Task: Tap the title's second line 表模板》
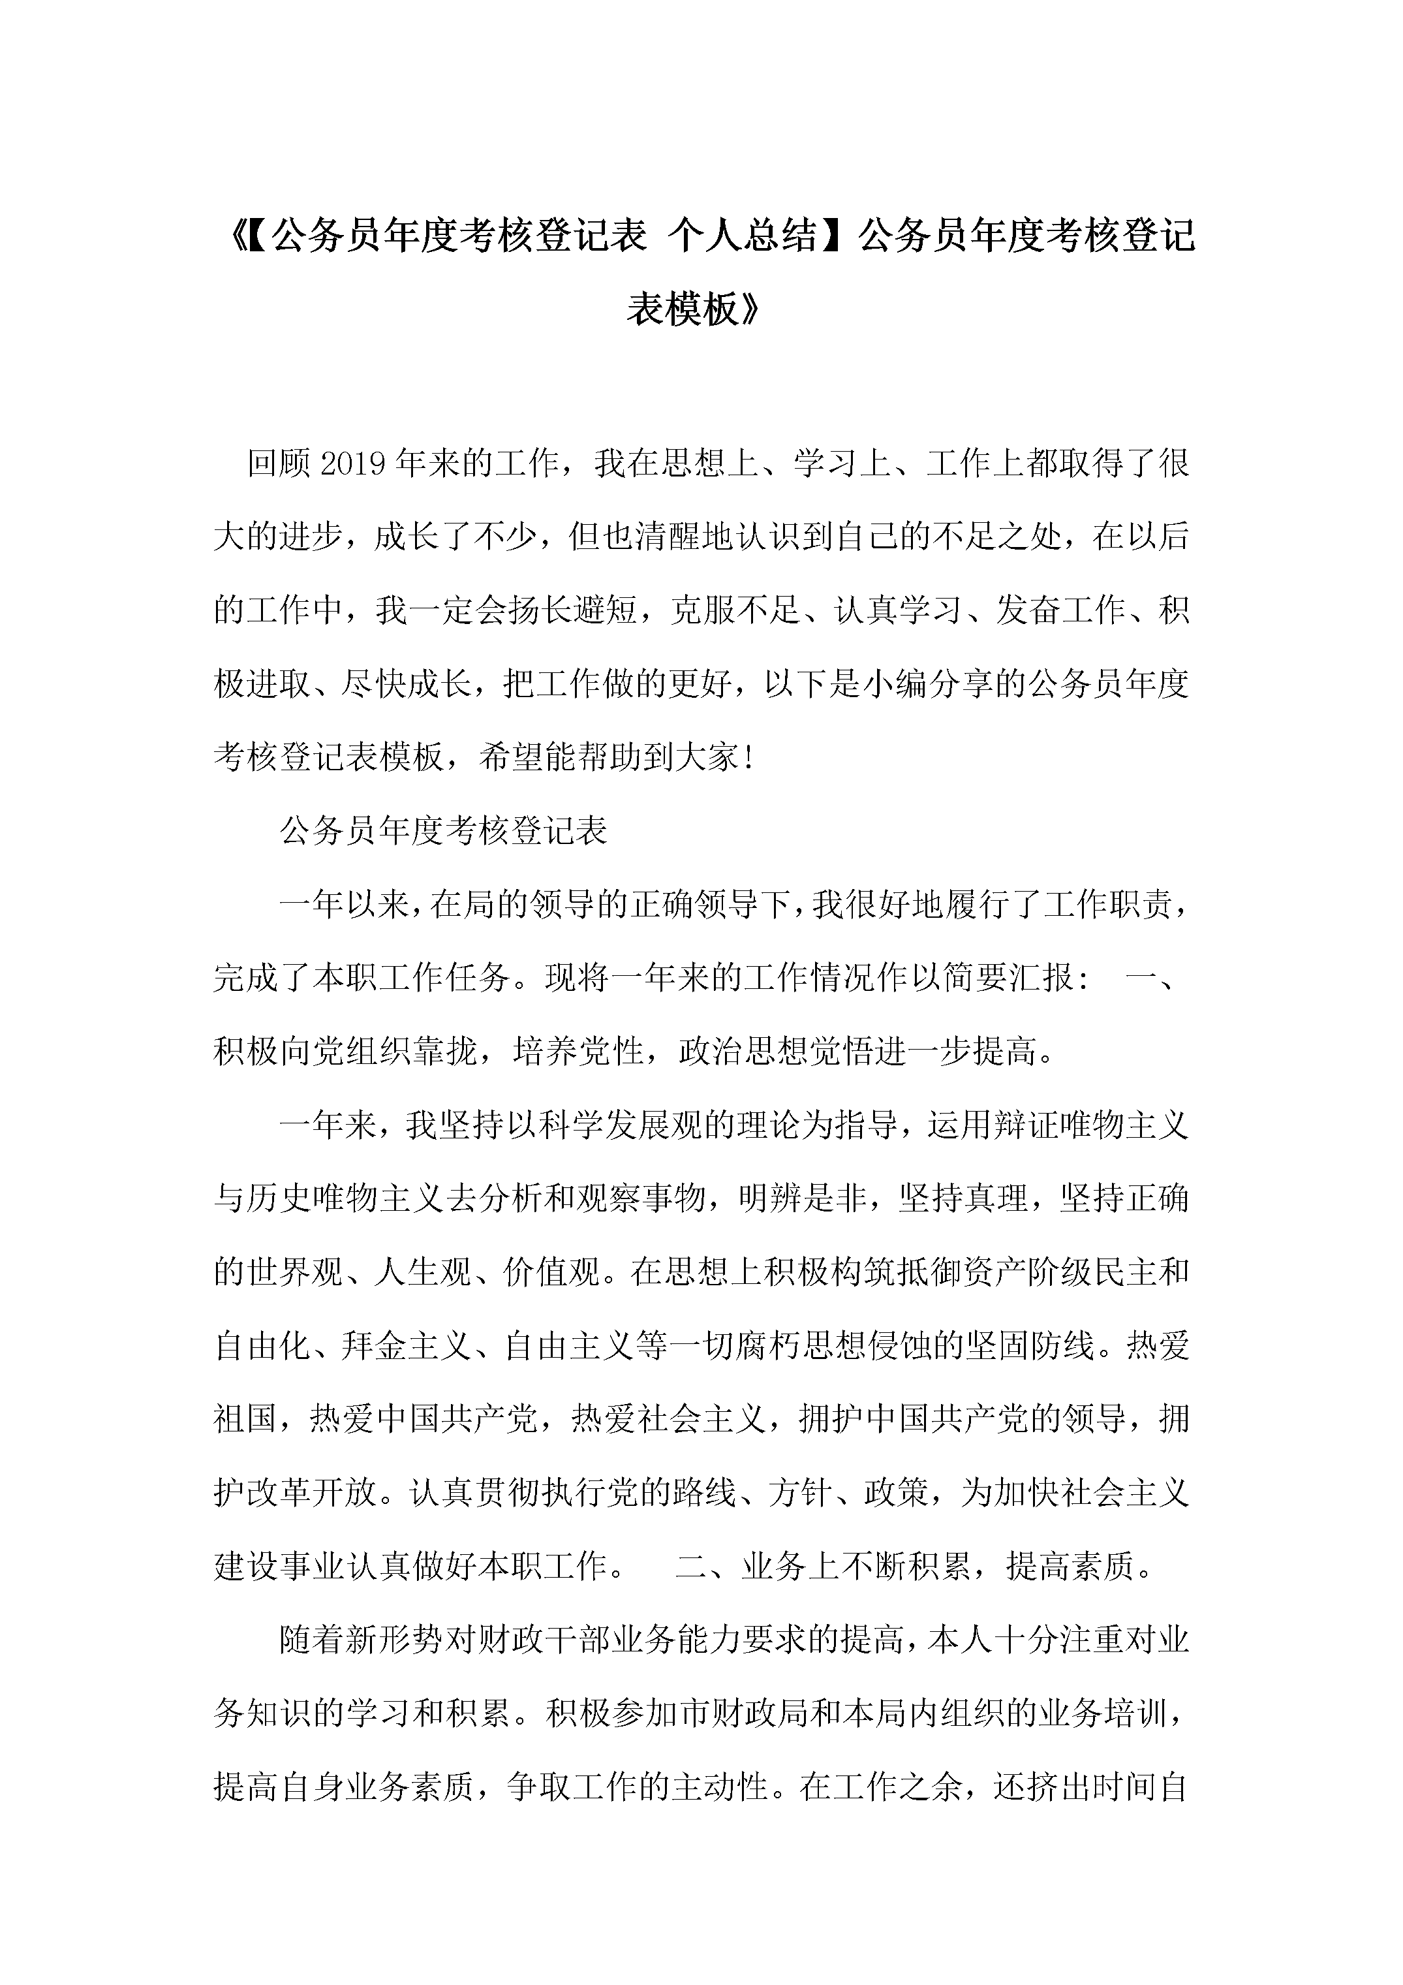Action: click(694, 309)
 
